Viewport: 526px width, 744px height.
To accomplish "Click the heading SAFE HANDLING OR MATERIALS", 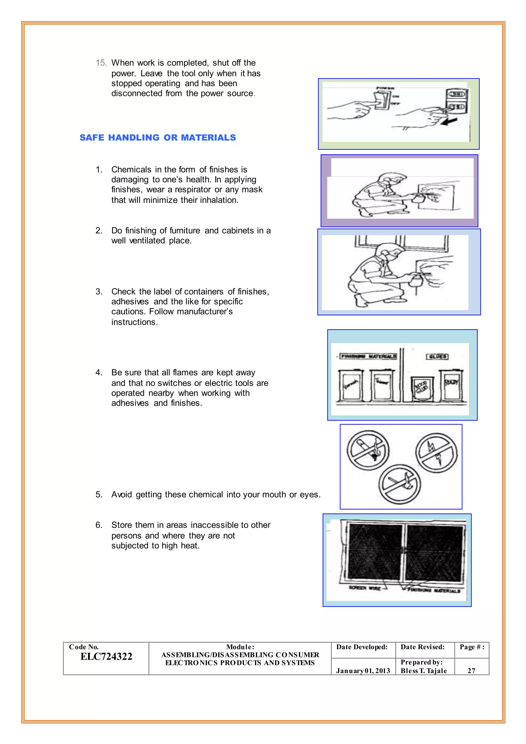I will coord(158,138).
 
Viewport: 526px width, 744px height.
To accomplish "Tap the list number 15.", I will coord(101,63).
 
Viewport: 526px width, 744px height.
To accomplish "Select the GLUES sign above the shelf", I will coord(437,356).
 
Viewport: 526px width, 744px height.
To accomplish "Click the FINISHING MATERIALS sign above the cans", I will coord(368,356).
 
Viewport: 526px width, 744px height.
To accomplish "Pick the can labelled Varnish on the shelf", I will coord(350,385).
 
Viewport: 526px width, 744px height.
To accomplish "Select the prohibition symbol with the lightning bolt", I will coord(436,453).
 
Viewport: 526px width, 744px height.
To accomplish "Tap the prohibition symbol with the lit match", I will coord(400,485).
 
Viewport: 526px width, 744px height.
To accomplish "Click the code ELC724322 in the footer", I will coord(106,656).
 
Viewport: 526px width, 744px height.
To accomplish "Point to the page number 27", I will coord(471,671).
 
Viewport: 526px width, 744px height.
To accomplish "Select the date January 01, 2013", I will coord(363,671).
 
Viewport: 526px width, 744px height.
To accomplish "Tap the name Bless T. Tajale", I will coord(424,671).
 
